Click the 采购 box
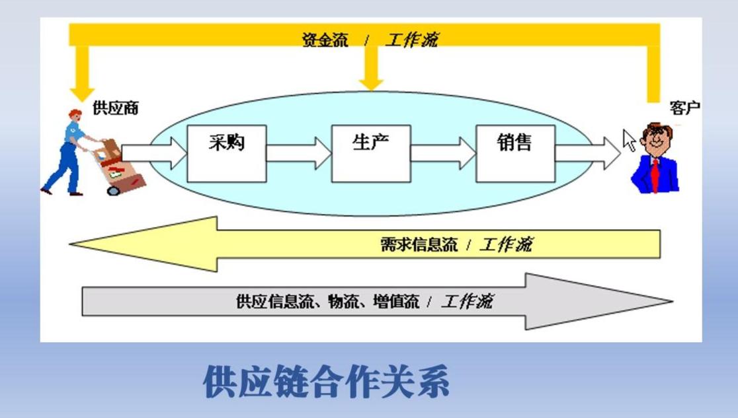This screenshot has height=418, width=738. [226, 153]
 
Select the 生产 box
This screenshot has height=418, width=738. [370, 153]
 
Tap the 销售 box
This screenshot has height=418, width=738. [514, 153]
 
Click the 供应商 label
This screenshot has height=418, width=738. [116, 108]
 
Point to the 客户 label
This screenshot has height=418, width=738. [684, 108]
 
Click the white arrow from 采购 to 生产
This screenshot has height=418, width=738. [299, 153]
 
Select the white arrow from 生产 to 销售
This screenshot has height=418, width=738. [443, 153]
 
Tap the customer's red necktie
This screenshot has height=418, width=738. [655, 174]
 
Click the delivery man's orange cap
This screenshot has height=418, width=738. [76, 114]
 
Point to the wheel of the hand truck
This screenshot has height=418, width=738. [114, 190]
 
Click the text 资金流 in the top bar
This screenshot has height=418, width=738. [325, 40]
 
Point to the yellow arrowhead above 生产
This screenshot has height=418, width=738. [371, 83]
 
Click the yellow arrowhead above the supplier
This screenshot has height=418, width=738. [83, 91]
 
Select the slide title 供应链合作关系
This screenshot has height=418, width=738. [326, 382]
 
